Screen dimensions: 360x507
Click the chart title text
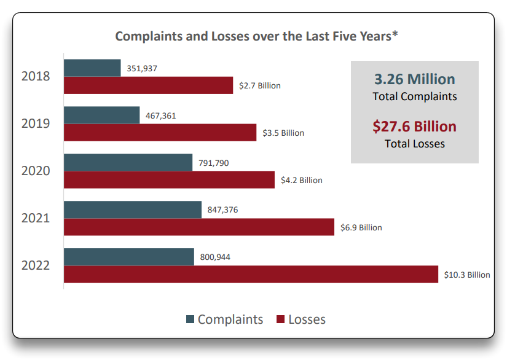(x=256, y=36)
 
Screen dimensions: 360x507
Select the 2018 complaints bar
(x=92, y=68)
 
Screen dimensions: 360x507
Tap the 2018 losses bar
(x=148, y=85)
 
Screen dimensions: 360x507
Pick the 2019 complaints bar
(x=101, y=115)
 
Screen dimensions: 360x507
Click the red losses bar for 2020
(x=169, y=180)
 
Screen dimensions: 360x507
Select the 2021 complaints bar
(x=132, y=209)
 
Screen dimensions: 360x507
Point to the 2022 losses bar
(x=251, y=275)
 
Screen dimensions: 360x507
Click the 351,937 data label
(x=142, y=68)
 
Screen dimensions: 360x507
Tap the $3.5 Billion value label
(x=283, y=133)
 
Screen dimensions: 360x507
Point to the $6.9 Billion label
(x=361, y=227)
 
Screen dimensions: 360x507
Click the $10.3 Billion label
(x=467, y=275)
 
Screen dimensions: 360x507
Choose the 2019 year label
(x=36, y=123)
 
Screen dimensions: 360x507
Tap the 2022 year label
(x=36, y=266)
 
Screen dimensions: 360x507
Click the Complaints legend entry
(x=224, y=319)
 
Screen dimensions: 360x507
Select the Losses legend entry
(x=301, y=319)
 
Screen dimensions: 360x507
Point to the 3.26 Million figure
(x=415, y=79)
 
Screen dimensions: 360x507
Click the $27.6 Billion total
(x=415, y=127)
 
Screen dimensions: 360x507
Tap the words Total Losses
(x=415, y=144)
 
